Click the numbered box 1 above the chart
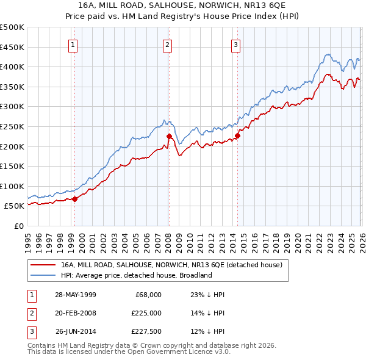click(x=73, y=44)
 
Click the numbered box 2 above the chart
click(x=167, y=44)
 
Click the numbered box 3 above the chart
click(x=235, y=44)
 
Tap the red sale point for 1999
click(x=74, y=198)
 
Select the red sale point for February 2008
click(x=169, y=136)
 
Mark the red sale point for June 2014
click(x=237, y=135)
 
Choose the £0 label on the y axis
click(x=18, y=226)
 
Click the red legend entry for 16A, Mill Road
click(x=171, y=265)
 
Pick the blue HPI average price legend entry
click(x=135, y=275)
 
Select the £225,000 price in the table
click(x=146, y=313)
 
